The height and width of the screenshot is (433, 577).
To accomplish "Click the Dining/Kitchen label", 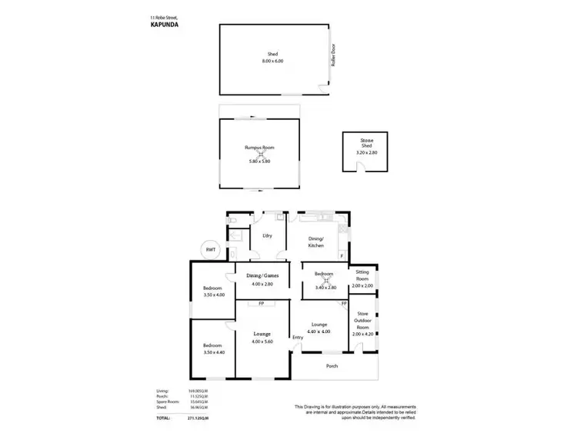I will pyautogui.click(x=317, y=241).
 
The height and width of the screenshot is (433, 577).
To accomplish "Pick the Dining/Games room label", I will pyautogui.click(x=262, y=279).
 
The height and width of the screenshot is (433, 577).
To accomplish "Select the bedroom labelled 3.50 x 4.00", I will pyautogui.click(x=213, y=291).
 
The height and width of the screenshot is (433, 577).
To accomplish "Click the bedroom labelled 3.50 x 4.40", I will pyautogui.click(x=213, y=349).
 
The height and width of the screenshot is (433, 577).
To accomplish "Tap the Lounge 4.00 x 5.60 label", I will pyautogui.click(x=262, y=338).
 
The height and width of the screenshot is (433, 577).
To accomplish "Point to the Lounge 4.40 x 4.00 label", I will pyautogui.click(x=319, y=328).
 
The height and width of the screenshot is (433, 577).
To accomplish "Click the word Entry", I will pyautogui.click(x=298, y=337).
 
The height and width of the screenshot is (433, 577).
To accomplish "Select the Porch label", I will pyautogui.click(x=332, y=365).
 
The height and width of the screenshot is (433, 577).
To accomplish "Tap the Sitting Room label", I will pyautogui.click(x=362, y=278).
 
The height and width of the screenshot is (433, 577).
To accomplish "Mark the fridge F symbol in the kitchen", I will pyautogui.click(x=341, y=255).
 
